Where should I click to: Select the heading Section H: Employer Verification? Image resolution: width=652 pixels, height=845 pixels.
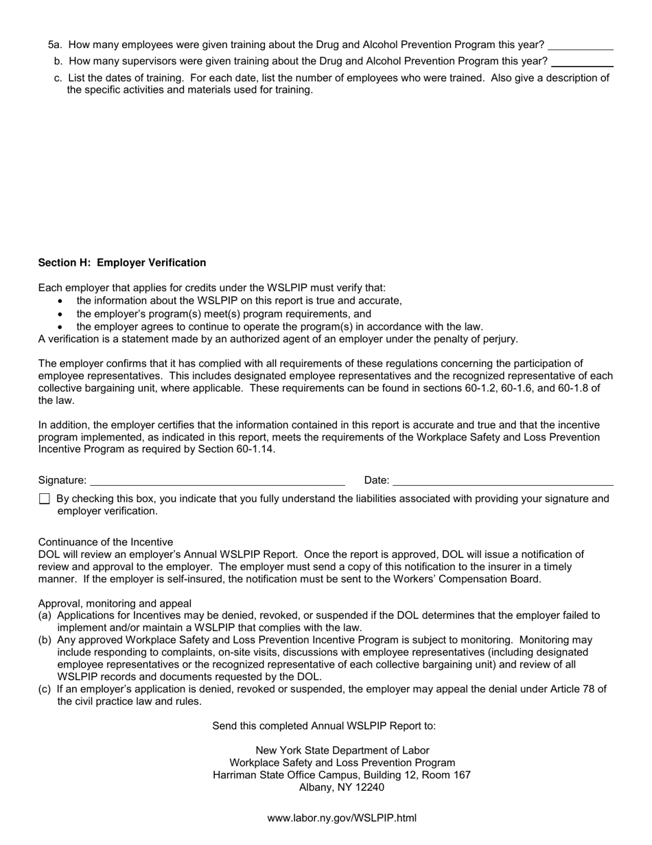tap(122, 262)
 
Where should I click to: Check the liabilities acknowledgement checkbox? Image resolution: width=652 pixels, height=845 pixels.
tap(45, 499)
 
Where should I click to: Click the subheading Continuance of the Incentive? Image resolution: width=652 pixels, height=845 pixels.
tap(106, 542)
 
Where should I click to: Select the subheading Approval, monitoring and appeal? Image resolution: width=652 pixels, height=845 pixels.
tap(115, 604)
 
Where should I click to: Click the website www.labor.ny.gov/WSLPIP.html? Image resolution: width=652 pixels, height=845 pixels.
tap(342, 818)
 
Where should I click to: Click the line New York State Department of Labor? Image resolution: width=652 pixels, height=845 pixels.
tap(342, 750)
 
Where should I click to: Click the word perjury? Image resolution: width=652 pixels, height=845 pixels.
tap(499, 339)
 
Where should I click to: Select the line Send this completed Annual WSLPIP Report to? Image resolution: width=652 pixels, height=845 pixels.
tap(324, 725)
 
